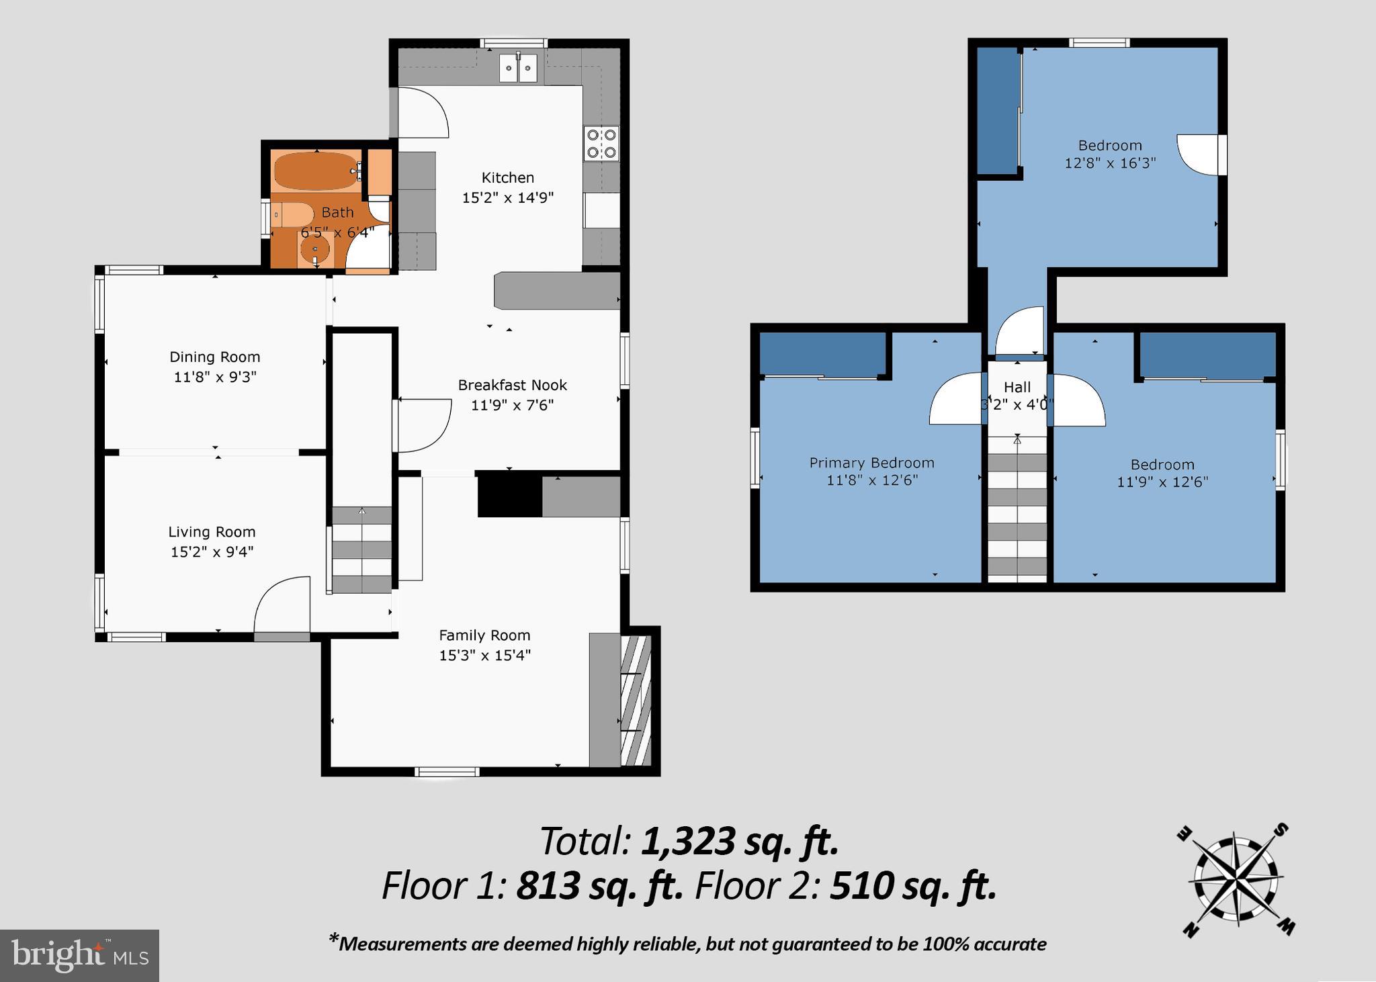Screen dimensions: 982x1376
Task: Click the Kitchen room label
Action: coord(507,178)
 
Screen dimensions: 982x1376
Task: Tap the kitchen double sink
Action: coord(519,69)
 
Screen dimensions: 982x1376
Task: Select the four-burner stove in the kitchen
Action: coord(601,143)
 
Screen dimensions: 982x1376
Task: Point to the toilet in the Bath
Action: coord(293,215)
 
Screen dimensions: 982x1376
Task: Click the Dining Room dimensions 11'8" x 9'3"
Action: coord(215,377)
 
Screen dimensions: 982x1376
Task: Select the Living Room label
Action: coord(212,532)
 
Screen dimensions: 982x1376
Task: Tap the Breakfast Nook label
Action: coord(512,386)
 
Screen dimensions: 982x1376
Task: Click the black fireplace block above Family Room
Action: coord(509,496)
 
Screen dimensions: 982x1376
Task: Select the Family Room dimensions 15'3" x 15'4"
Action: coord(484,655)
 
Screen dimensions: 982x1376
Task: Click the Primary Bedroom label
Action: coord(871,463)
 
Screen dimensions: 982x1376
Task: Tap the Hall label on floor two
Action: coord(1017,388)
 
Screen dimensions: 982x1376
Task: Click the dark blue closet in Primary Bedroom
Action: coord(822,354)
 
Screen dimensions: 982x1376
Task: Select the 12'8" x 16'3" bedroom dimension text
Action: coord(1110,163)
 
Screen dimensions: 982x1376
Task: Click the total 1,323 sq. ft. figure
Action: coord(740,842)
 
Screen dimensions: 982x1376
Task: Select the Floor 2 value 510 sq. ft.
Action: coord(912,886)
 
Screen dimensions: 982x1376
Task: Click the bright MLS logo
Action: coord(79,955)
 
